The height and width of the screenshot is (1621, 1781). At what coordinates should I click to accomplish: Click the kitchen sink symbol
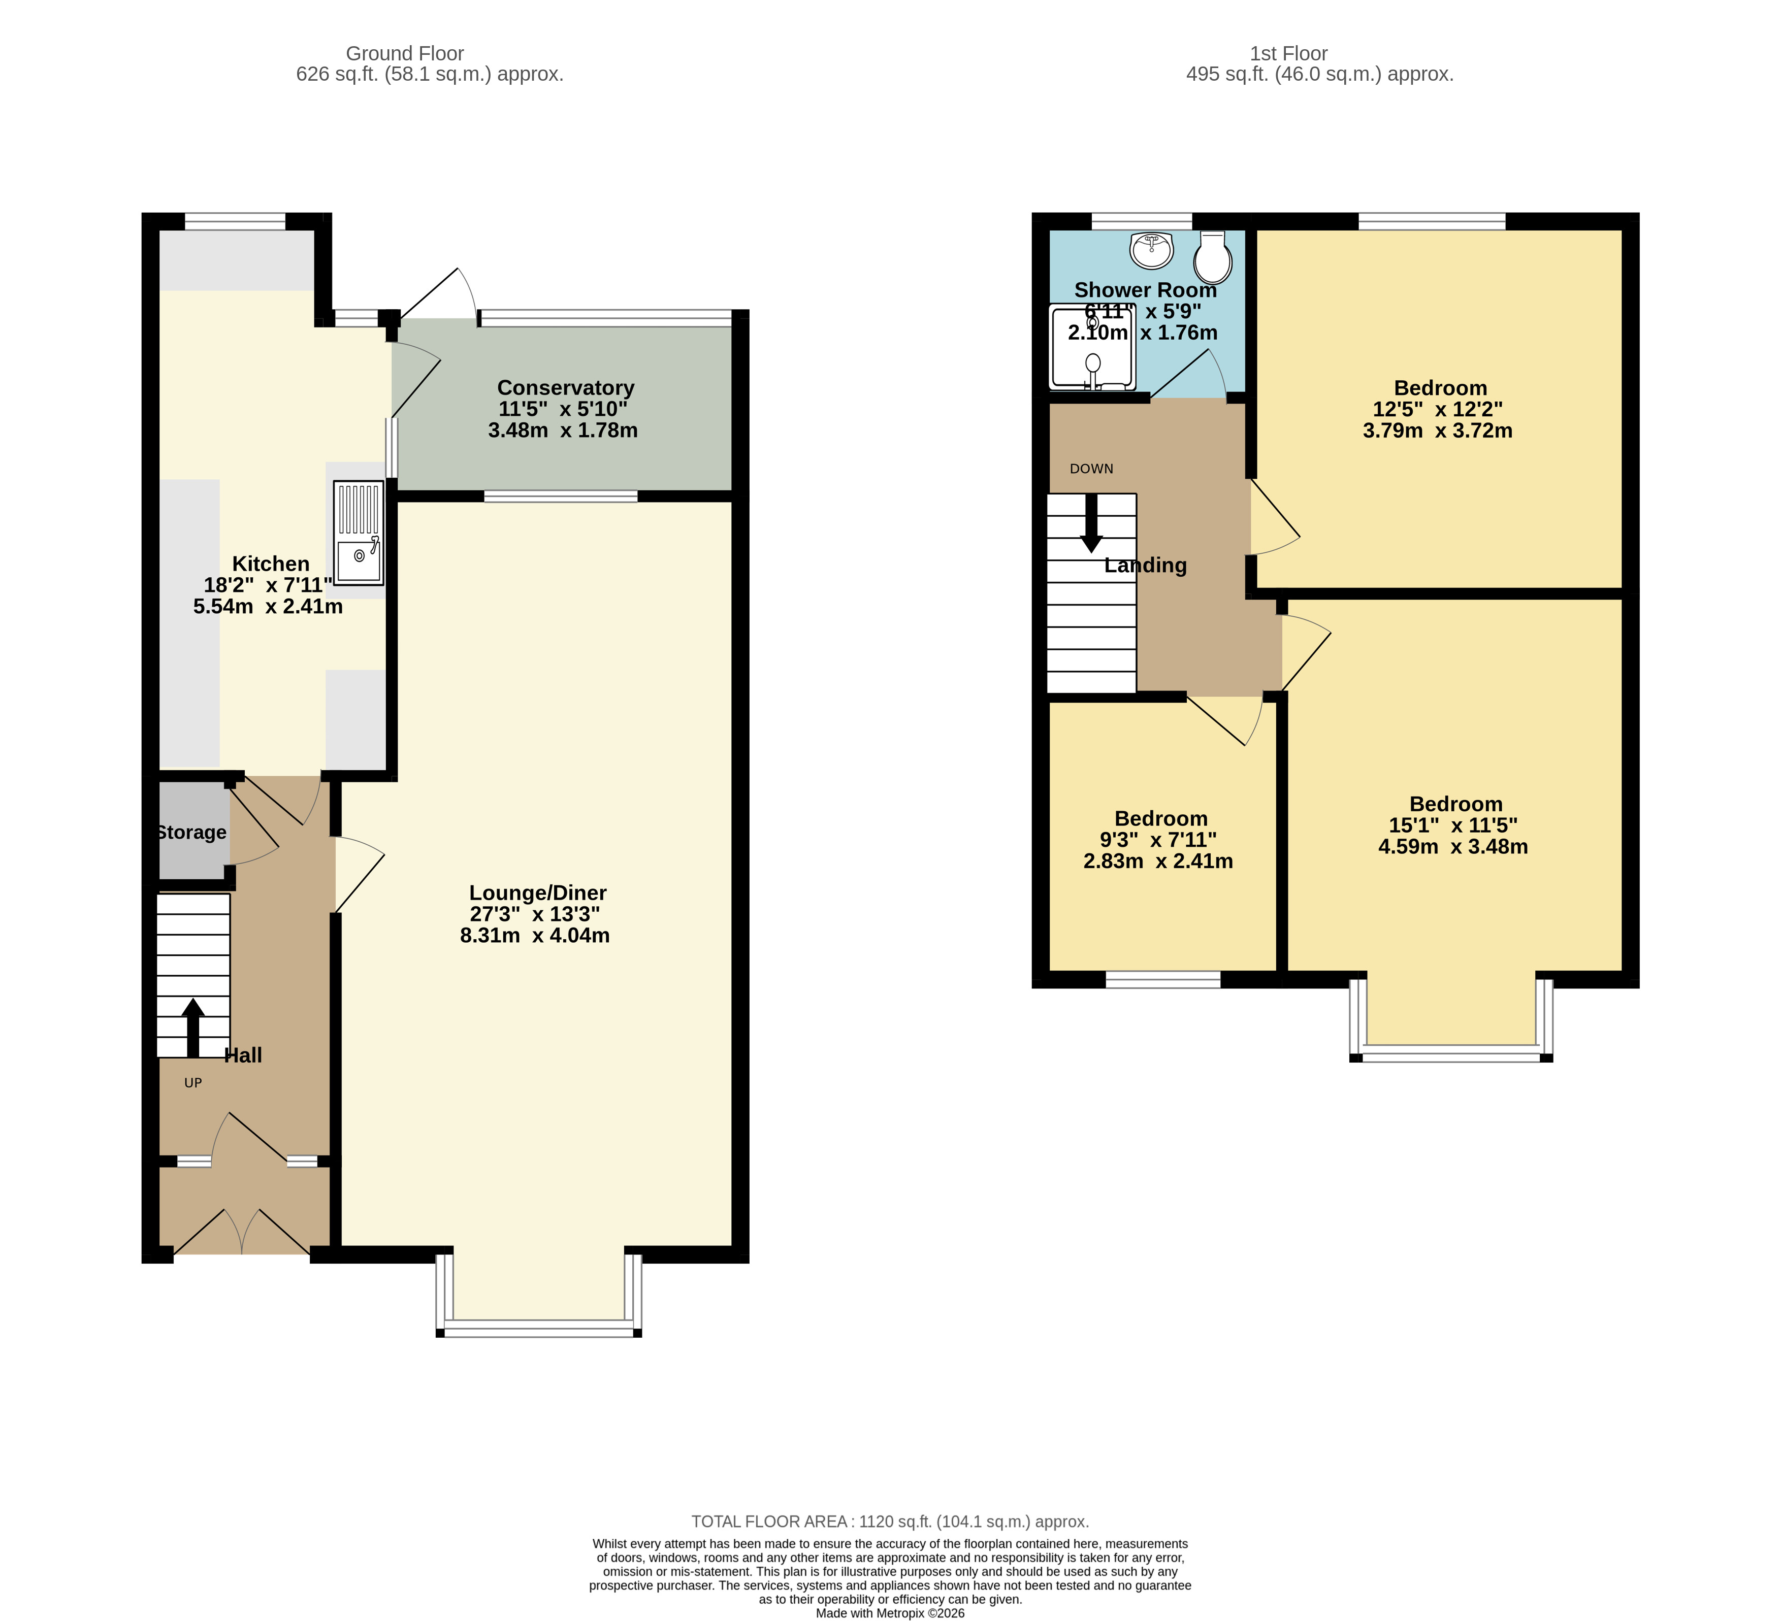point(359,533)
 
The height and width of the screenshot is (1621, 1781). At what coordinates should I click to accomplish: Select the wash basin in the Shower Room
point(1151,250)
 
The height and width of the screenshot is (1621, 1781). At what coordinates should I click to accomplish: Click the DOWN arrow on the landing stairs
point(1092,523)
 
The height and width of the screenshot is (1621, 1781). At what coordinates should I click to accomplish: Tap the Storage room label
point(191,832)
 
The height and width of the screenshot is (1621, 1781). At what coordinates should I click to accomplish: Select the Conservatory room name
point(565,388)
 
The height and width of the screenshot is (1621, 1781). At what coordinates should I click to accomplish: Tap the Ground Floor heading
point(405,54)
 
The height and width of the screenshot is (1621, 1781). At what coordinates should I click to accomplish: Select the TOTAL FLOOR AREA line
point(890,1521)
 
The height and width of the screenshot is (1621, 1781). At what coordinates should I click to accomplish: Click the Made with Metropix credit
point(890,1613)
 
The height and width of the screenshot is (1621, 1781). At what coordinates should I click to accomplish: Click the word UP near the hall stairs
point(192,1082)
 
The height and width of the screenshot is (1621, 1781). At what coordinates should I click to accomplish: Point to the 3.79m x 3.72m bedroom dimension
point(1437,431)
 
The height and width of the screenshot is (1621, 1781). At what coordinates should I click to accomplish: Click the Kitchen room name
point(270,564)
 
